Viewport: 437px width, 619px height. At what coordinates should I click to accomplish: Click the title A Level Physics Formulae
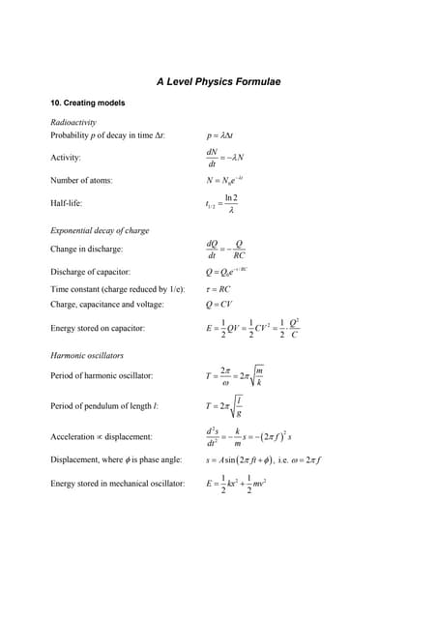218,82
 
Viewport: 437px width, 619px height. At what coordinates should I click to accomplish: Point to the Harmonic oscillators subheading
87,356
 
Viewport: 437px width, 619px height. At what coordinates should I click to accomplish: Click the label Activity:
66,158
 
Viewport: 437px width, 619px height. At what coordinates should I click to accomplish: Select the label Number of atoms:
81,181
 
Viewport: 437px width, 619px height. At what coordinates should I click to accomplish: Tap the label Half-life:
68,203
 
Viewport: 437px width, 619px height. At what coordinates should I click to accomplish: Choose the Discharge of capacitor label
90,273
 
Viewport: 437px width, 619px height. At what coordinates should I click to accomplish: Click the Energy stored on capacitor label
98,329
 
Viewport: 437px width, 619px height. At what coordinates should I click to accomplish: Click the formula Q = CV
219,305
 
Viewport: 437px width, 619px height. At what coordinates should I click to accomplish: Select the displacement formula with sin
263,460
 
